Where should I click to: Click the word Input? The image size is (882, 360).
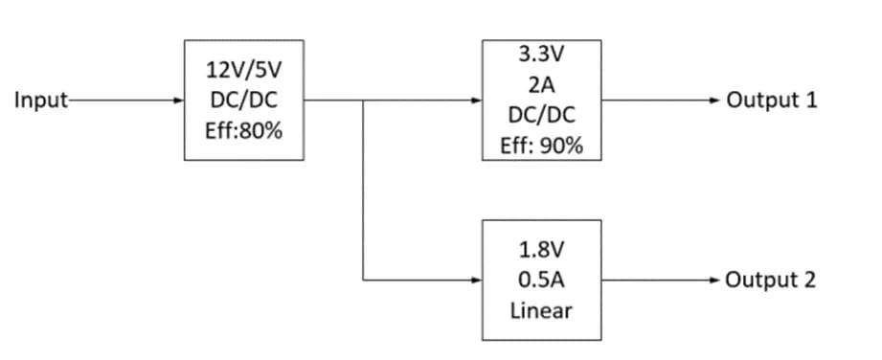point(34,100)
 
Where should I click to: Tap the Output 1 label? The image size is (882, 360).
point(772,100)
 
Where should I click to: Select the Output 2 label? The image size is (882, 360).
point(771,281)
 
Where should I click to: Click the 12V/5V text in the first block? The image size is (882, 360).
point(243,70)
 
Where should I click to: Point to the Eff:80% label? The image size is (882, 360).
point(243,131)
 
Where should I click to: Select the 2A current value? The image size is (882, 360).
point(542,84)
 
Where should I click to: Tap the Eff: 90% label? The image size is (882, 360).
point(542,146)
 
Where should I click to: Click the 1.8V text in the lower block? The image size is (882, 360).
point(542,250)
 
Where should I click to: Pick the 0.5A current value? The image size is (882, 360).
point(542,281)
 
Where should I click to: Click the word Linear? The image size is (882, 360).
point(542,311)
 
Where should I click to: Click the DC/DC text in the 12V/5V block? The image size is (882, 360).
point(243,101)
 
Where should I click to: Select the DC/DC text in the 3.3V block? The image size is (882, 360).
point(542,115)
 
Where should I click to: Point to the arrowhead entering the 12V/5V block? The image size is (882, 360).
point(179,100)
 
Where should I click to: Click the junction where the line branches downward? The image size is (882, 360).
point(363,100)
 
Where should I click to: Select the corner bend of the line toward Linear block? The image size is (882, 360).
point(363,281)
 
